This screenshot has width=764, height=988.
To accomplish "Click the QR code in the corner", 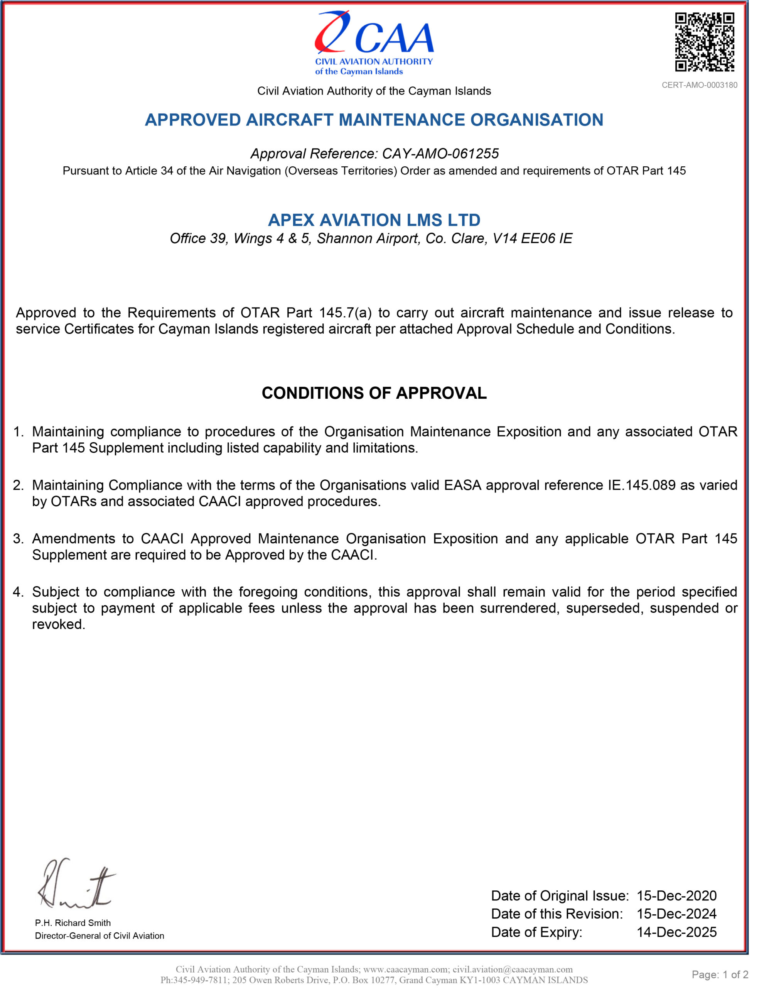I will point(704,42).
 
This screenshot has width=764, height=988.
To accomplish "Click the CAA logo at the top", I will point(374,43).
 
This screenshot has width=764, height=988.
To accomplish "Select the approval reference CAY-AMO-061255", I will point(440,154).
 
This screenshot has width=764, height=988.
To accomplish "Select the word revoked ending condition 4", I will point(58,624).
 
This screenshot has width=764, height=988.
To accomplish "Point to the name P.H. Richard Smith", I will point(73,923).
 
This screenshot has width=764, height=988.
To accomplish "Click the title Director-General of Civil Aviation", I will point(100,936).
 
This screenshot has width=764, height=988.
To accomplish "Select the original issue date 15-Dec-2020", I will point(676,896).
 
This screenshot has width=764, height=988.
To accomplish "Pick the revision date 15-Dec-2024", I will point(676,914).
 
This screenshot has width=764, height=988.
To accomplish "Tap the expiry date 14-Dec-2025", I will point(676,932).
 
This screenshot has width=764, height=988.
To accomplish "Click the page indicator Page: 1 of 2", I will point(720,974).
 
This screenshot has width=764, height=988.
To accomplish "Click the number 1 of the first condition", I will point(18,431).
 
